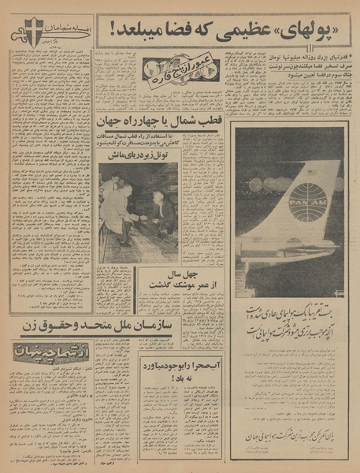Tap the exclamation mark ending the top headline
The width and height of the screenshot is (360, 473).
click(103, 32)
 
